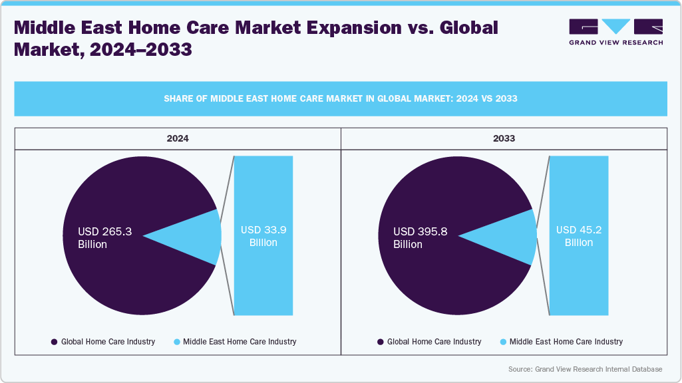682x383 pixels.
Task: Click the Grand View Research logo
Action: tap(615, 31)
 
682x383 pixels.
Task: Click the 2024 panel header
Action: tap(177, 139)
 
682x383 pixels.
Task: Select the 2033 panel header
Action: tap(504, 139)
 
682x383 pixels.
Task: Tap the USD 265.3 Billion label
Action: tap(105, 238)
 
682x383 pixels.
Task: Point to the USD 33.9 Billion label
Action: tap(263, 236)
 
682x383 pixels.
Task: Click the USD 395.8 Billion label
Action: tap(421, 238)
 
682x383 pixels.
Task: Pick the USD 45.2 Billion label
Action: tap(579, 236)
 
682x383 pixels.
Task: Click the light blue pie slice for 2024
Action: tap(200, 236)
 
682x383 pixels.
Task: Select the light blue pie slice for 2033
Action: tap(516, 236)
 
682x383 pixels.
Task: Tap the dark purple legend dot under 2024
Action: tap(54, 342)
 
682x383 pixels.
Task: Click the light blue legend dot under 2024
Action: tap(176, 342)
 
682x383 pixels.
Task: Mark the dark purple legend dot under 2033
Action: tap(381, 342)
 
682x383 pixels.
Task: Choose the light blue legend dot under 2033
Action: tap(503, 342)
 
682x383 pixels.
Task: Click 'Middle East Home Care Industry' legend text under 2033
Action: tap(566, 342)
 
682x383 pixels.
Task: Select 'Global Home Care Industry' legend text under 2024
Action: tap(108, 342)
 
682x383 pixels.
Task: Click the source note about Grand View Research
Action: tap(585, 369)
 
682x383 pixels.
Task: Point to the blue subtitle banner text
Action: tap(341, 98)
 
